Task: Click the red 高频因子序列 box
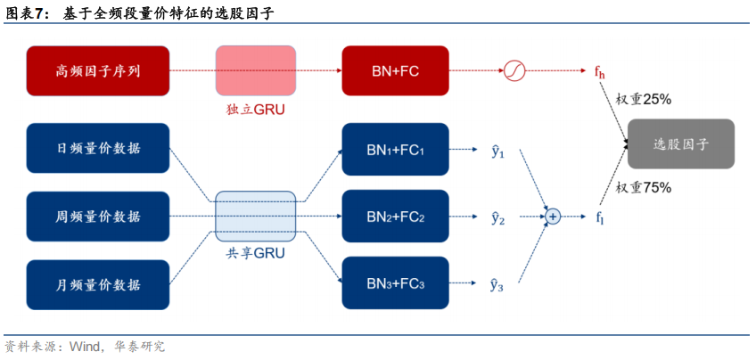[x=98, y=71]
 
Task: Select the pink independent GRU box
[x=256, y=71]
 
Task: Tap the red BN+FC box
[x=395, y=71]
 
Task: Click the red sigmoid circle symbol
[x=514, y=71]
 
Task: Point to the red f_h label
[x=600, y=72]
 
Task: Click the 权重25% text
[x=645, y=99]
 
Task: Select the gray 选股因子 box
[x=681, y=144]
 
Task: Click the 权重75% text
[x=645, y=187]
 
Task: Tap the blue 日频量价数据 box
[x=98, y=148]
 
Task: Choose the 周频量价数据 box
[x=98, y=217]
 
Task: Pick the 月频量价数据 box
[x=98, y=285]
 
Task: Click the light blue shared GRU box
[x=256, y=217]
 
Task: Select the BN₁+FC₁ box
[x=395, y=150]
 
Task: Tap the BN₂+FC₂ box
[x=395, y=217]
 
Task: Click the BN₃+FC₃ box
[x=395, y=282]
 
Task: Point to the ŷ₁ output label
[x=497, y=151]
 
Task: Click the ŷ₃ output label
[x=497, y=285]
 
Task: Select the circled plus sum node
[x=553, y=217]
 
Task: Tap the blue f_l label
[x=600, y=217]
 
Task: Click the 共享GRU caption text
[x=256, y=253]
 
